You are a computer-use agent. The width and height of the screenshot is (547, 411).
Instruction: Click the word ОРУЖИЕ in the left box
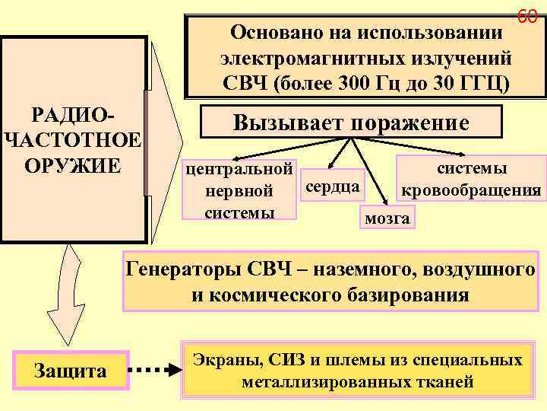click(73, 165)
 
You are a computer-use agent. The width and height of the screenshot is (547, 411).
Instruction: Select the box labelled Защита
click(70, 371)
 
